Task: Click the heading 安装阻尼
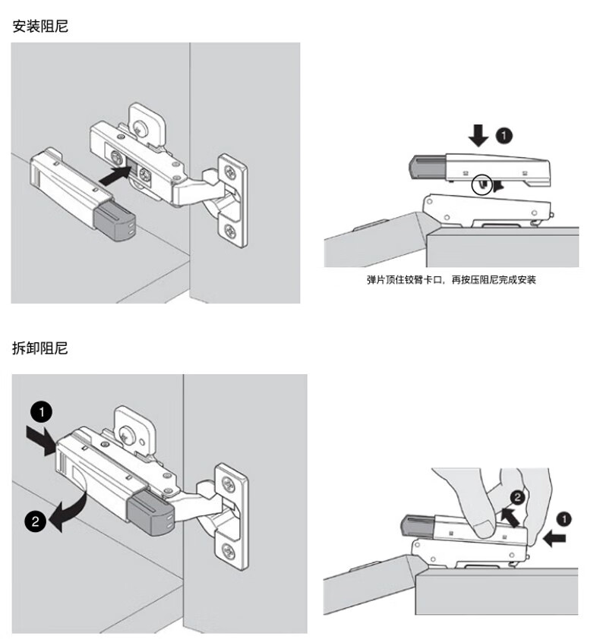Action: pyautogui.click(x=40, y=27)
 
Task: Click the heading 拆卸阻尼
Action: pyautogui.click(x=40, y=348)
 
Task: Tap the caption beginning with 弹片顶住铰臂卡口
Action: pyautogui.click(x=451, y=280)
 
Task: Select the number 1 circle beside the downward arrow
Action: pyautogui.click(x=504, y=136)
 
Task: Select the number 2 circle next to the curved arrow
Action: pyautogui.click(x=33, y=521)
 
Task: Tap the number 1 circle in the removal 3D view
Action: pyautogui.click(x=41, y=412)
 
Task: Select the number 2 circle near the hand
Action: pyautogui.click(x=516, y=499)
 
